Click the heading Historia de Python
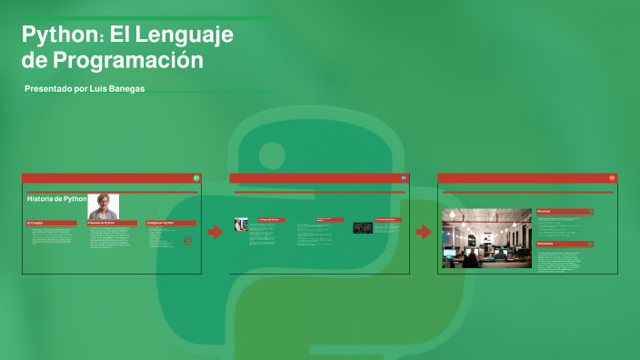56,198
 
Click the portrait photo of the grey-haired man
103,206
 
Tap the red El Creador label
51,222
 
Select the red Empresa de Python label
111,222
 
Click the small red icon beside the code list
188,240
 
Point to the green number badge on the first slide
195,177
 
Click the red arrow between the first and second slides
215,232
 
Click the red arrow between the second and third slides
424,232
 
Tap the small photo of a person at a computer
241,224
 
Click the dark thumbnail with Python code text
363,226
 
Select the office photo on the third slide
486,238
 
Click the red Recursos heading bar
565,211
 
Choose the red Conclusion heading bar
565,244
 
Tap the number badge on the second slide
404,177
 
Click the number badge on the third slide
612,177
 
